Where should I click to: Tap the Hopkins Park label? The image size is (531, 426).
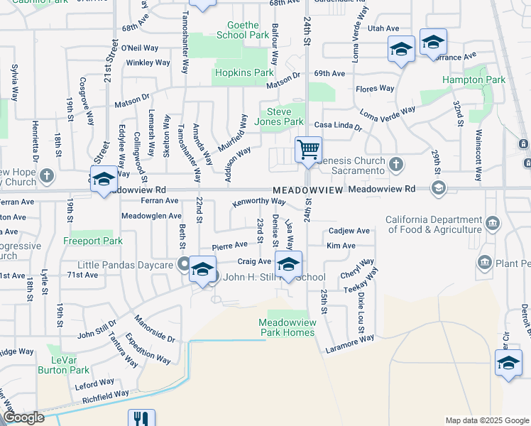tap(243, 72)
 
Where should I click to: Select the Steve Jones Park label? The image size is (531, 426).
tap(285, 116)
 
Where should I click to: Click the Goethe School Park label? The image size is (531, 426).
tap(243, 30)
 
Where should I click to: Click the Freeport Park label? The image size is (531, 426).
tap(94, 241)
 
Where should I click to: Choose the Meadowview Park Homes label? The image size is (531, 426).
tap(287, 328)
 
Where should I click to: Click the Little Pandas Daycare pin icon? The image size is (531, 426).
tap(185, 266)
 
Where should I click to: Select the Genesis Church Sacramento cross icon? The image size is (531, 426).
tap(396, 165)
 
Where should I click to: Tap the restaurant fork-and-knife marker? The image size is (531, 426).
tap(141, 419)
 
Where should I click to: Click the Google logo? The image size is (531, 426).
tap(23, 418)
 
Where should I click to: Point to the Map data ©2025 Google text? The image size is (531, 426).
tap(487, 420)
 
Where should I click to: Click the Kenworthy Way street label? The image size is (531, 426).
tap(258, 202)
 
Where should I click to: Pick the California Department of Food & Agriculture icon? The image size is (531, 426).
tap(491, 224)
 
